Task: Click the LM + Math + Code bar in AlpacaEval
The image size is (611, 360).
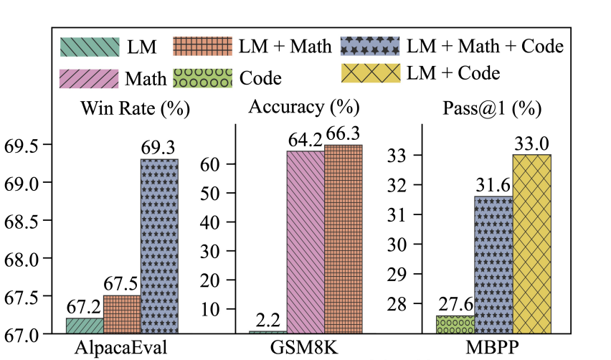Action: click(159, 246)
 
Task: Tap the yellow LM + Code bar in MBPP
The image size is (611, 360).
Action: click(531, 244)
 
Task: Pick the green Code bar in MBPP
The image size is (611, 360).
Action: click(455, 324)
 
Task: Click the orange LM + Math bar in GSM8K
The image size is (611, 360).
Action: click(343, 239)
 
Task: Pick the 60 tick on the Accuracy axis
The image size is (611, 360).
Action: click(221, 164)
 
